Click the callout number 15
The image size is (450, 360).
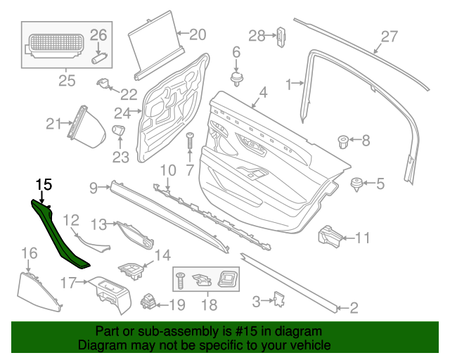44,184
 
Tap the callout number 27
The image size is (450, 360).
389,37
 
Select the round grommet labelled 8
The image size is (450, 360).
345,141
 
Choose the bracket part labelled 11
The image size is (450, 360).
329,236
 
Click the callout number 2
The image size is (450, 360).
354,307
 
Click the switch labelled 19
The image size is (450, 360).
150,303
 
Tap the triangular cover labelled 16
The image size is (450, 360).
37,290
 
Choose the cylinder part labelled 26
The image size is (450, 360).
98,58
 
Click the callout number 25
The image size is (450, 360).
66,81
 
